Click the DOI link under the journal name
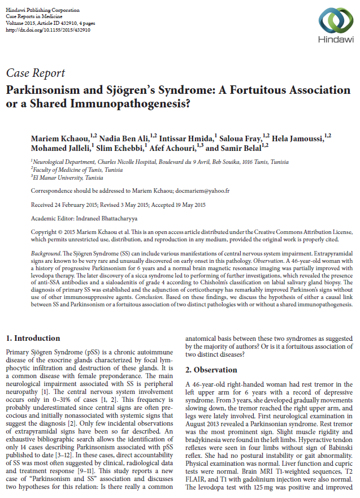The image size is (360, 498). point(47,30)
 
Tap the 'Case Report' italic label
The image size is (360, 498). point(35,73)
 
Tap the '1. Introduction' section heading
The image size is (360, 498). point(33,339)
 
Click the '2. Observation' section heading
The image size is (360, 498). point(211,370)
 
